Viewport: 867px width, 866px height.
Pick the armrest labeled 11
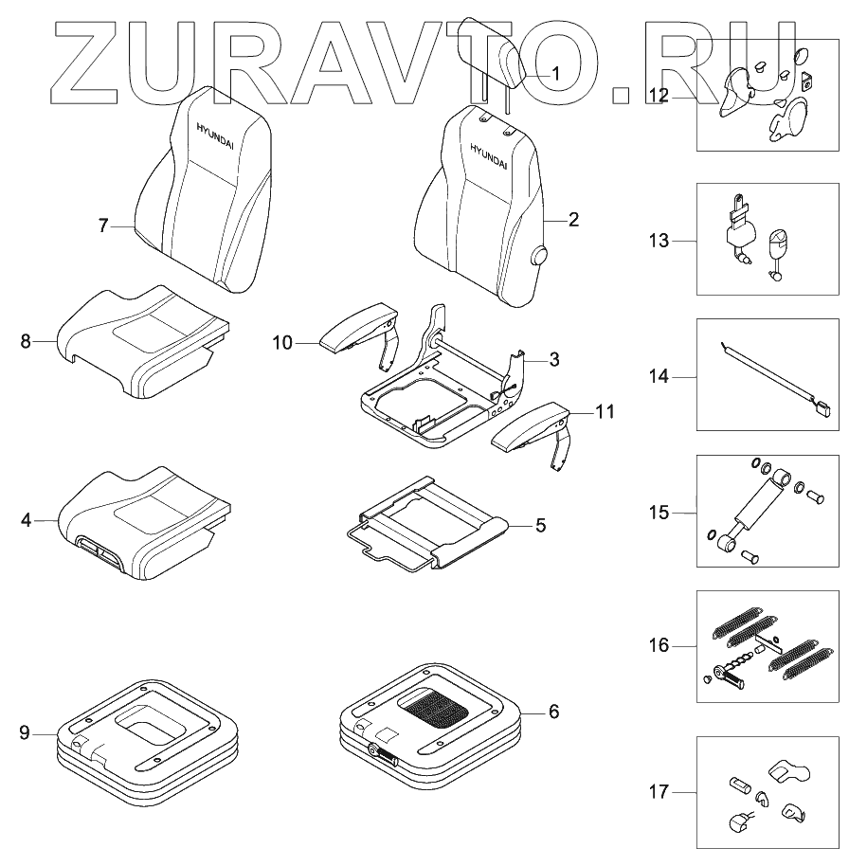531,426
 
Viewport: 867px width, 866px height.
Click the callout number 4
27,520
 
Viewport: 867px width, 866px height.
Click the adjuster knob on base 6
384,753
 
